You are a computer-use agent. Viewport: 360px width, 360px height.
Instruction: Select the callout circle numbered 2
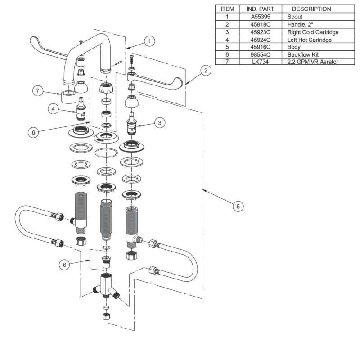point(205,70)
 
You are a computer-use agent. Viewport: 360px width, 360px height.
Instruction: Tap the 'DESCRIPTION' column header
point(311,8)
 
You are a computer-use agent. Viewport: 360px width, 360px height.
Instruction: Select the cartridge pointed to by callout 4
point(82,109)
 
